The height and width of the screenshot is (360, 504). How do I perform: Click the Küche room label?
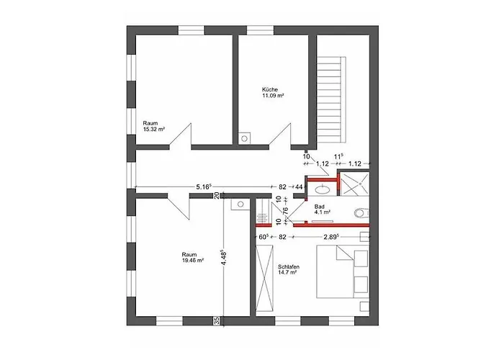point(270,90)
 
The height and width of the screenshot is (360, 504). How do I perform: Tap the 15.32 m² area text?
point(154,129)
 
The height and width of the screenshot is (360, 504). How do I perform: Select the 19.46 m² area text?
point(193,261)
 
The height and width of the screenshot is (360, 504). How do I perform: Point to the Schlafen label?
point(289,267)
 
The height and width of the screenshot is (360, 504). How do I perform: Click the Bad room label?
point(320,207)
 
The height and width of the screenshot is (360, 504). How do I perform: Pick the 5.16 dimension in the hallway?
point(204,186)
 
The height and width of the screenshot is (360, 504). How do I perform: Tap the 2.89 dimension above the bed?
point(331,237)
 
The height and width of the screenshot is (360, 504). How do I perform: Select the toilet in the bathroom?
point(361,213)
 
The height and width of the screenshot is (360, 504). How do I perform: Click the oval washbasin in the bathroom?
point(323,189)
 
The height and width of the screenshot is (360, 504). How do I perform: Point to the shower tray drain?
point(361,184)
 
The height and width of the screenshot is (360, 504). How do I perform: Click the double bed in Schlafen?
point(343,271)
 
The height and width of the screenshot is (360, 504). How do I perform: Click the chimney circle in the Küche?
point(244,138)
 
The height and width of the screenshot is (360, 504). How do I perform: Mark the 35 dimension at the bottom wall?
point(217,320)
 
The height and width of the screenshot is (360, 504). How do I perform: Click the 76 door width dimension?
point(284,213)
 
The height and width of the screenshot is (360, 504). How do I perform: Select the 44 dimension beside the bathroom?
point(299,186)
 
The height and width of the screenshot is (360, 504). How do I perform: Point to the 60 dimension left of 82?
point(264,237)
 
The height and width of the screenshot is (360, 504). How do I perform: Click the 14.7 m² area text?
point(287,272)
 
